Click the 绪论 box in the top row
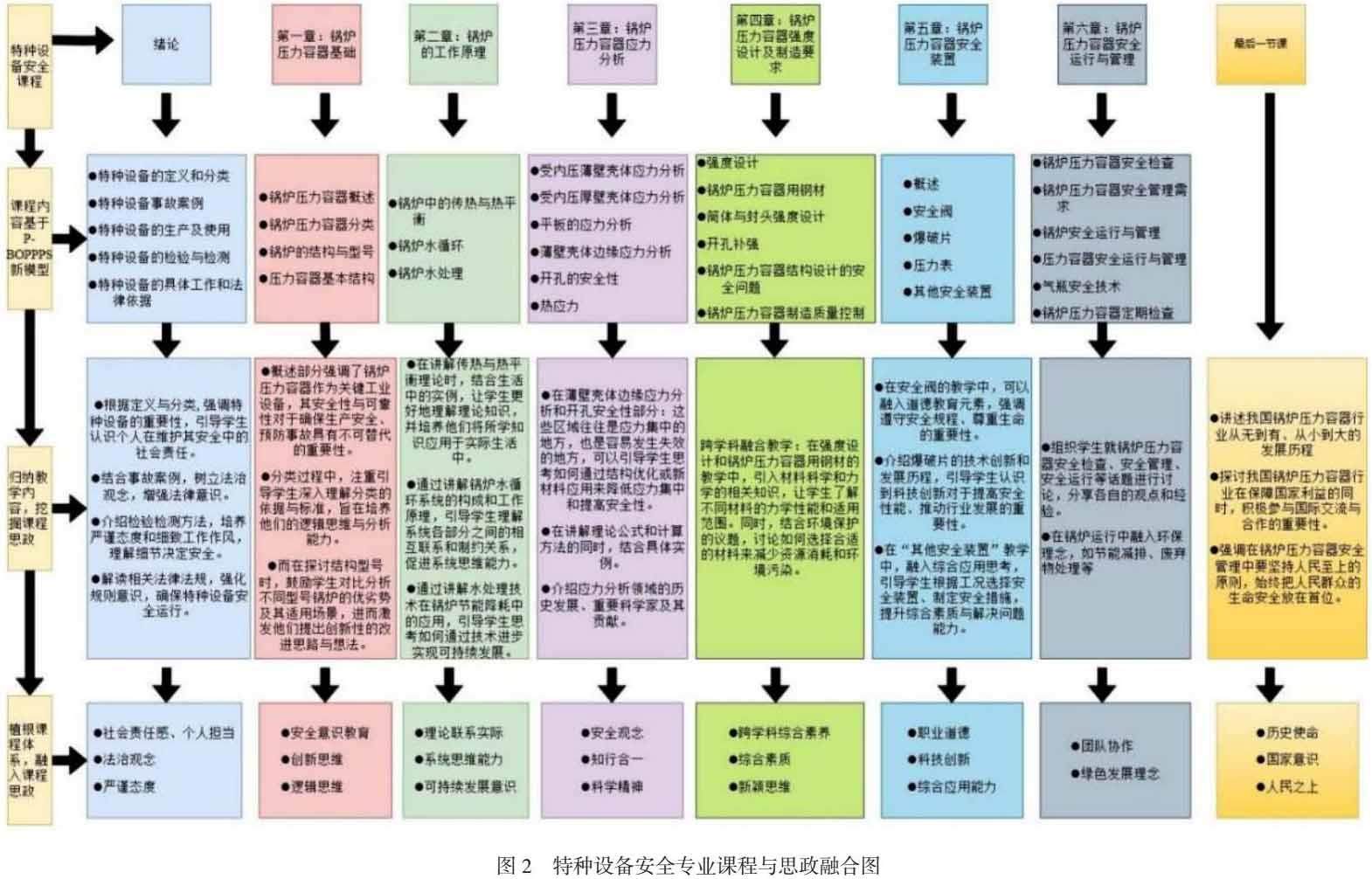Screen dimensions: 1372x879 click(166, 44)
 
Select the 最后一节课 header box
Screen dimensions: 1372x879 click(1261, 44)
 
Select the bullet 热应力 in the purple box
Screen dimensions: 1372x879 click(559, 306)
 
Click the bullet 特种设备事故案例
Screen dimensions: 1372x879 click(150, 203)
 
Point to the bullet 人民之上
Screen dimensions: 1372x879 click(1292, 786)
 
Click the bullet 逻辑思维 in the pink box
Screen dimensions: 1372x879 click(316, 786)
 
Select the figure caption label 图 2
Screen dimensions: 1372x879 click(514, 865)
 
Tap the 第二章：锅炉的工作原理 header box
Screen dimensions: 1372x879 click(453, 44)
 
